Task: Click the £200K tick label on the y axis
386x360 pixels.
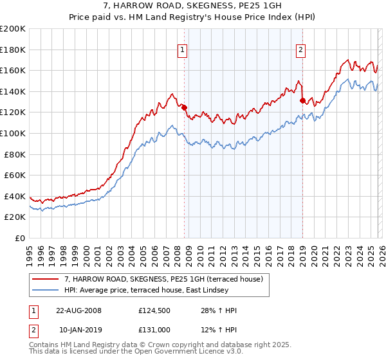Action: [13, 29]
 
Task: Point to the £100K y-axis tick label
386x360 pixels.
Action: [13, 133]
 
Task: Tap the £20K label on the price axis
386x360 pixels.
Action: [15, 217]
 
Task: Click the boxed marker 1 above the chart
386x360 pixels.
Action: [183, 50]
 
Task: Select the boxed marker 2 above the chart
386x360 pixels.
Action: [301, 50]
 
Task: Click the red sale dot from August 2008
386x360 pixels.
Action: [185, 107]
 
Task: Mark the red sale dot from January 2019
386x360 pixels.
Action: [302, 100]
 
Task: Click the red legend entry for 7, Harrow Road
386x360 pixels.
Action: [163, 279]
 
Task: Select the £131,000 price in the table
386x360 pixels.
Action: [154, 330]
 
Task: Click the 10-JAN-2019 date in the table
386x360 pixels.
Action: [78, 330]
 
